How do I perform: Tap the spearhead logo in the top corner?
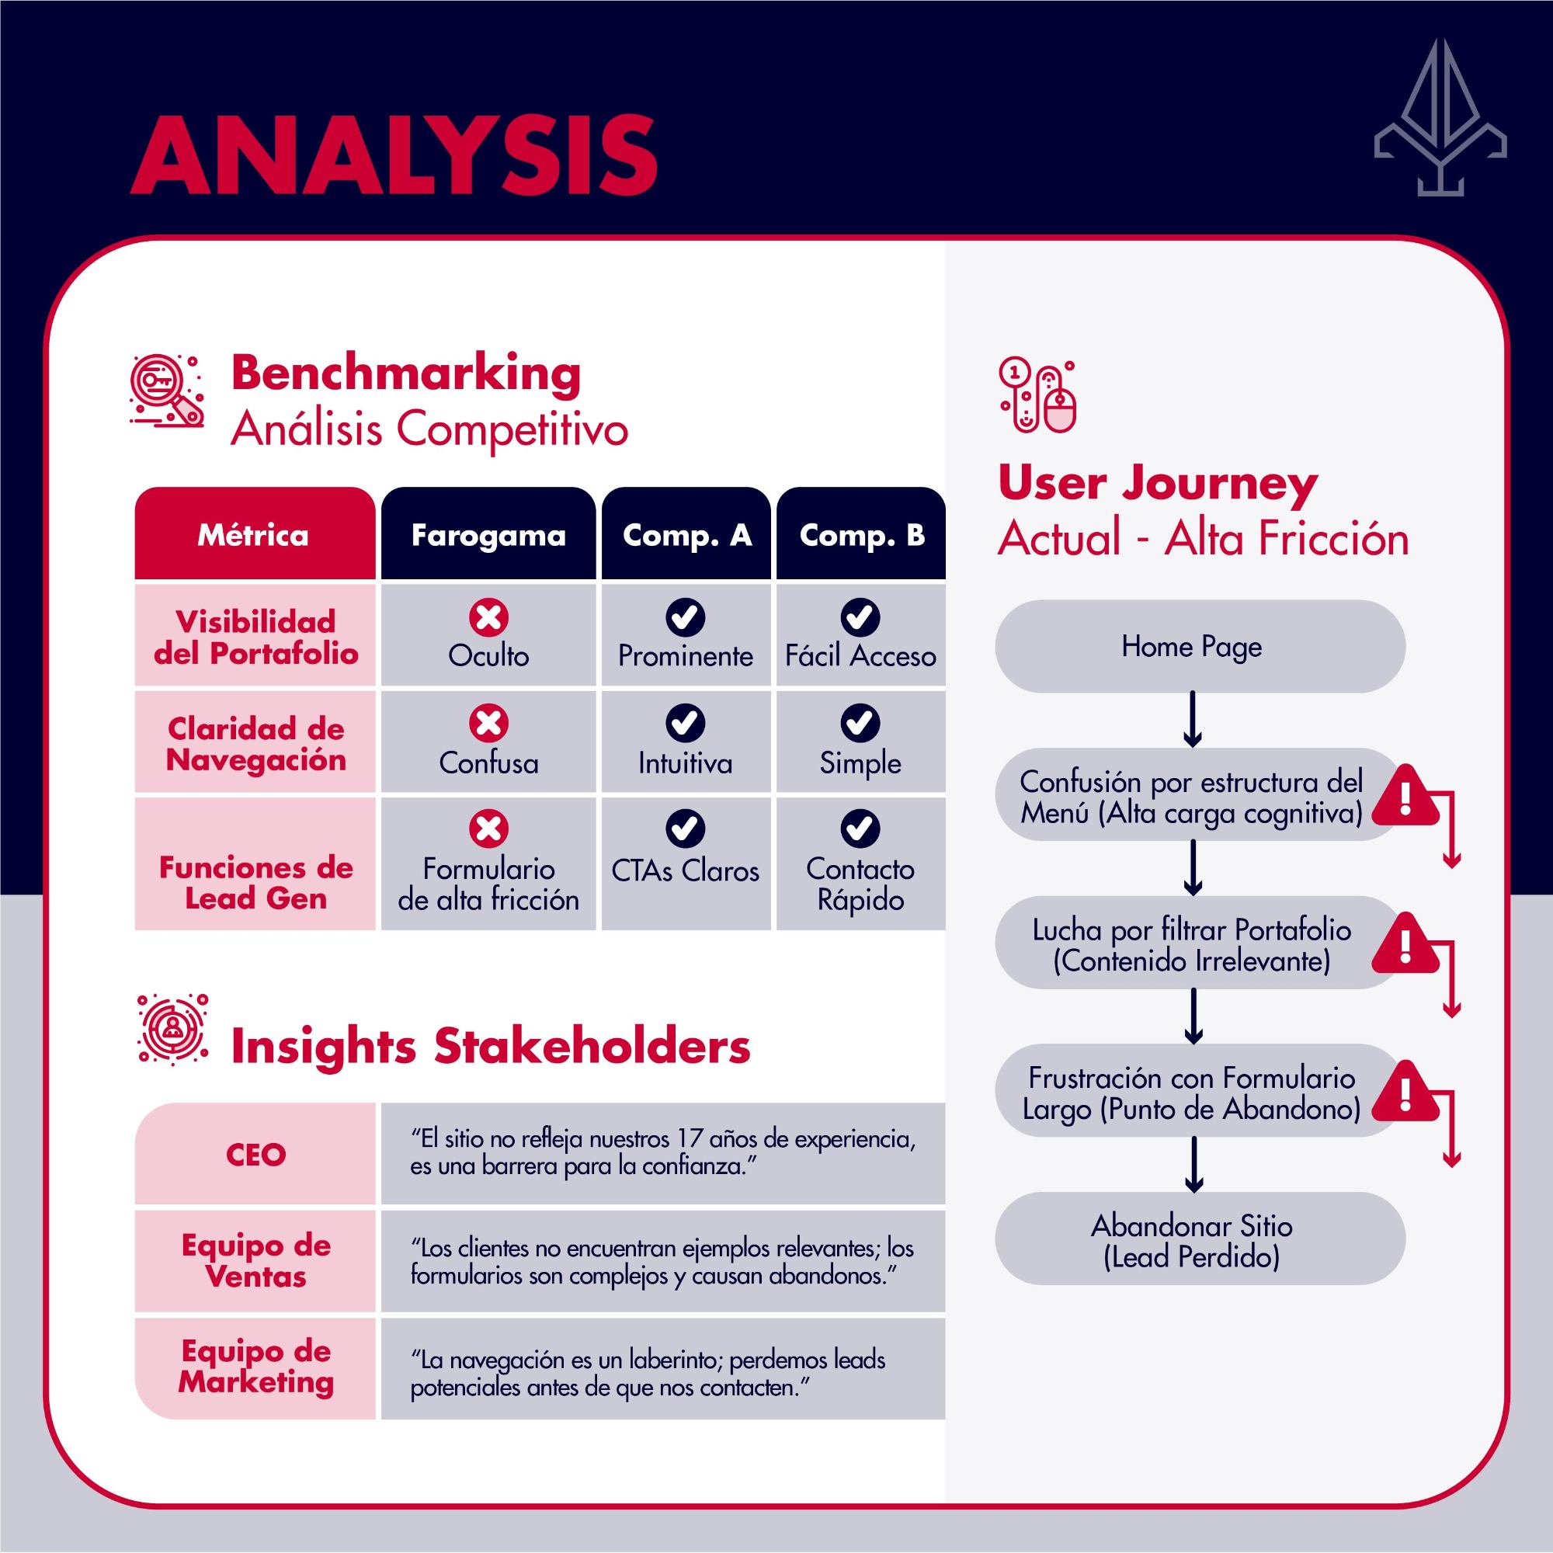(x=1440, y=118)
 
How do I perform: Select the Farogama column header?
(x=488, y=534)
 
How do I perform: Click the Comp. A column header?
(x=686, y=534)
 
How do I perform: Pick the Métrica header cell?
(x=254, y=534)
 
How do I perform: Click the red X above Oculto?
(x=488, y=617)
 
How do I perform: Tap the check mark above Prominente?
(x=686, y=617)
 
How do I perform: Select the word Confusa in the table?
(x=488, y=763)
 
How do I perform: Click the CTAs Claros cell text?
(x=686, y=870)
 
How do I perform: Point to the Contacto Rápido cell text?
(x=860, y=884)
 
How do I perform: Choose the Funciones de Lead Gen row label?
(x=255, y=883)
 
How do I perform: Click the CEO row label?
(x=255, y=1155)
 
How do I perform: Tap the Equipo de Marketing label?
(x=255, y=1367)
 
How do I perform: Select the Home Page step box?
(x=1200, y=646)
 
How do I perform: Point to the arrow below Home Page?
(x=1193, y=720)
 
